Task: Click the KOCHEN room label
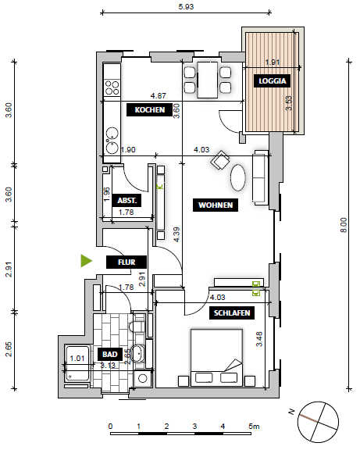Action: pyautogui.click(x=150, y=110)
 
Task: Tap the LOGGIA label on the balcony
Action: pyautogui.click(x=273, y=80)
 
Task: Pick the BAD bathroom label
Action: pyautogui.click(x=109, y=354)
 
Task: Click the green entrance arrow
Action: pyautogui.click(x=87, y=260)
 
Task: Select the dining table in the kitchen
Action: pyautogui.click(x=207, y=79)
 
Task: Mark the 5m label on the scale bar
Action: pyautogui.click(x=254, y=427)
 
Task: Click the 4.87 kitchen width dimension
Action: pyautogui.click(x=158, y=95)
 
